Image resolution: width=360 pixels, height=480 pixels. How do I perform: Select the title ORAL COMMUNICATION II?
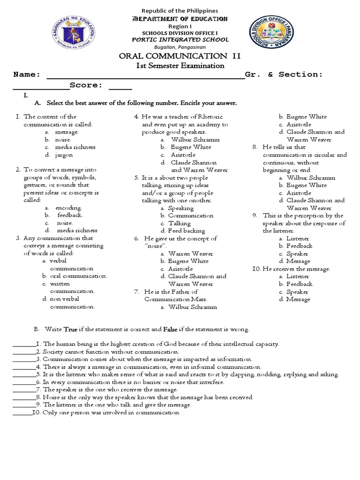click(x=180, y=56)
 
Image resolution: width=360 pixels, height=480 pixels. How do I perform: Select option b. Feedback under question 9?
click(x=299, y=246)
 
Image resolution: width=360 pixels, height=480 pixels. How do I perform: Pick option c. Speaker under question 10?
click(x=298, y=292)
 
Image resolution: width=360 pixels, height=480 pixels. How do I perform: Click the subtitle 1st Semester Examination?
click(x=180, y=66)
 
